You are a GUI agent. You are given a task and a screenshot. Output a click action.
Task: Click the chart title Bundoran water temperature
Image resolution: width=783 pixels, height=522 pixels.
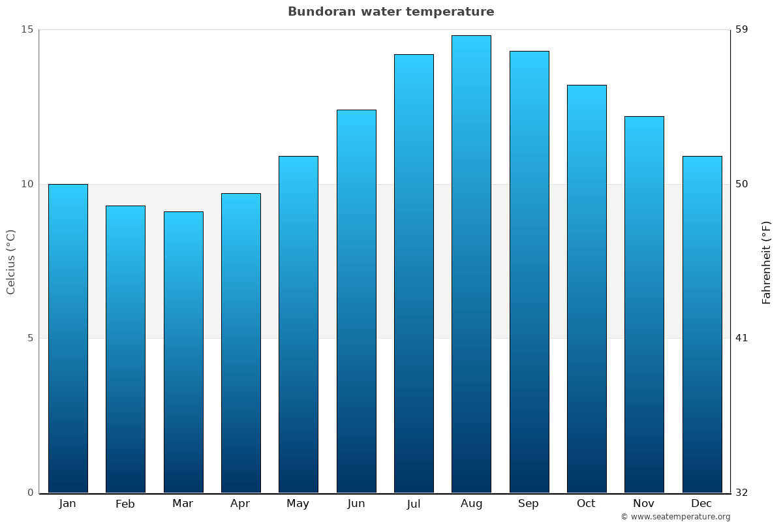pos(391,12)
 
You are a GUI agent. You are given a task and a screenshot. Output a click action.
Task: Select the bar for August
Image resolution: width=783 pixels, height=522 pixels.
pos(471,264)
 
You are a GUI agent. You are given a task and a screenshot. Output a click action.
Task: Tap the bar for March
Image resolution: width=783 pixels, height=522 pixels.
pos(183,352)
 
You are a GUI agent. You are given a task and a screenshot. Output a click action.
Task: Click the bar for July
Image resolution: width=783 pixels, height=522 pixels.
pos(414,273)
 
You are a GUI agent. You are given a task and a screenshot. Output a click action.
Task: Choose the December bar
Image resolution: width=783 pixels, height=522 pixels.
pos(702,324)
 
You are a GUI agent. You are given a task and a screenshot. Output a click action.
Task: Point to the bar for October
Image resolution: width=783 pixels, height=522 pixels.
pos(587,289)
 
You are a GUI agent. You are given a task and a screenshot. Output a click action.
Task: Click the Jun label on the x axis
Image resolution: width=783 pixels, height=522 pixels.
pos(356,504)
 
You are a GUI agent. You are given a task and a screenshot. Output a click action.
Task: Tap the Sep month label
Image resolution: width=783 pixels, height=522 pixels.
pos(529,504)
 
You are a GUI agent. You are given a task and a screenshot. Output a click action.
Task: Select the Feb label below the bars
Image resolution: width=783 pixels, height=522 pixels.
pos(125,504)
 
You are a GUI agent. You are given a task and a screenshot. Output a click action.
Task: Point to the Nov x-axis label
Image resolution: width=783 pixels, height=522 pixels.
pos(644,504)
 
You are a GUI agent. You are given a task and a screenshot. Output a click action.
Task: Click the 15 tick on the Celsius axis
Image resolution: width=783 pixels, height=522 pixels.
pos(27,29)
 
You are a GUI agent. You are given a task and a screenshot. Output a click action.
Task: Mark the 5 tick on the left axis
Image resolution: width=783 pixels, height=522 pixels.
pos(29,338)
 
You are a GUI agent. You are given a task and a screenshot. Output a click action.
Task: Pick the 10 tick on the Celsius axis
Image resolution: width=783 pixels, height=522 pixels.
pos(27,184)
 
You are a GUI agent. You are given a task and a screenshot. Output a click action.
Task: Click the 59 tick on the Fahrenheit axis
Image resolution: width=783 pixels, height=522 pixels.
pos(742,29)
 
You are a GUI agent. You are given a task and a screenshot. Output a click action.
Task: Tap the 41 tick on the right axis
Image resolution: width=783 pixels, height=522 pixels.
pos(742,338)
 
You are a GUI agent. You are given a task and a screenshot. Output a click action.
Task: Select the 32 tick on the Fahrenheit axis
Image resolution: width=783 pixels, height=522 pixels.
pos(742,493)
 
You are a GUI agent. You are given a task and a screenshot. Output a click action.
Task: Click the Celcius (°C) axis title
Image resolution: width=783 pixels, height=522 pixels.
pos(11,262)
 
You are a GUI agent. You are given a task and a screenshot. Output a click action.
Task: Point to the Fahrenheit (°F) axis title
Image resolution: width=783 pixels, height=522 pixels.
pos(766,262)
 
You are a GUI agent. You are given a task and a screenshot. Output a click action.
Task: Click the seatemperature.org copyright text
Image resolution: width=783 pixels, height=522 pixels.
pos(675,517)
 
